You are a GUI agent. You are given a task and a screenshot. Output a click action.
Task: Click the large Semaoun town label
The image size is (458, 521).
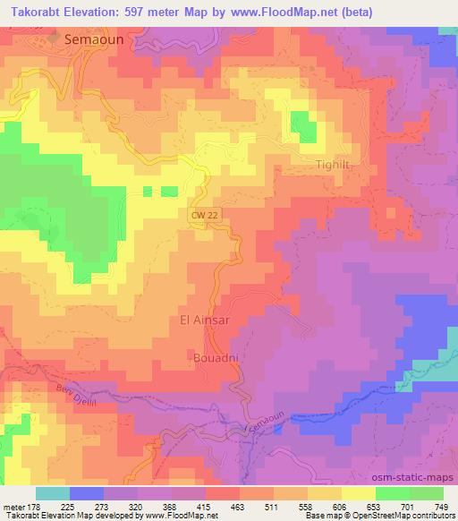pos(93,40)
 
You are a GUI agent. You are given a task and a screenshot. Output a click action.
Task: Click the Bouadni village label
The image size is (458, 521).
pos(213,358)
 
